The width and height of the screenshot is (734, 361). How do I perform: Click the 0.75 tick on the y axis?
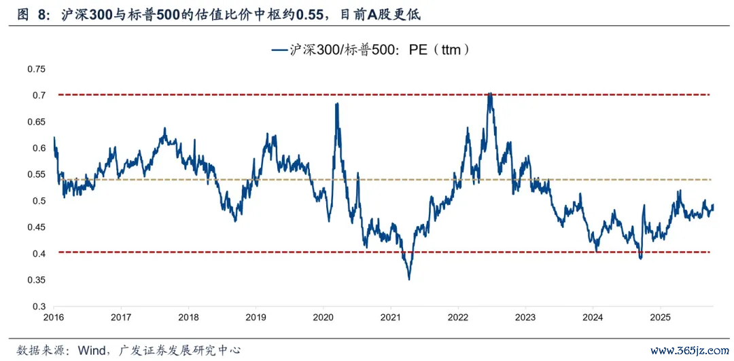pyautogui.click(x=35, y=69)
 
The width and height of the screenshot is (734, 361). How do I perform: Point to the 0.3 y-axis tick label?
pyautogui.click(x=38, y=307)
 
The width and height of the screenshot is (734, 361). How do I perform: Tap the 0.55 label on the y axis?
pyautogui.click(x=35, y=174)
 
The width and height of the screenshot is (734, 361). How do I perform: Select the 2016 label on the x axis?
pyautogui.click(x=53, y=318)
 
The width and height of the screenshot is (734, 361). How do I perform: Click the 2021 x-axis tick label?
pyautogui.click(x=391, y=318)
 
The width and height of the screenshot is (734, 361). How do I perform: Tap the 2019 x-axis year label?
pyautogui.click(x=256, y=318)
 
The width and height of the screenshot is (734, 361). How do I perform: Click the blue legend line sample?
pyautogui.click(x=279, y=50)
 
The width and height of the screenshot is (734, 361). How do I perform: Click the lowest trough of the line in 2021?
pyautogui.click(x=409, y=279)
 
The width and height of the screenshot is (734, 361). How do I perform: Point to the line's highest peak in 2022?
pyautogui.click(x=490, y=94)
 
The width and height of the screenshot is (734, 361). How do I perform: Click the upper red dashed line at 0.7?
pyautogui.click(x=204, y=95)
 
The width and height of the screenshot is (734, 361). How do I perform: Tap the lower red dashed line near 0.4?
pyautogui.click(x=204, y=252)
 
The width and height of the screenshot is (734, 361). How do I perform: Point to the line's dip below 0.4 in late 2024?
pyautogui.click(x=640, y=258)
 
